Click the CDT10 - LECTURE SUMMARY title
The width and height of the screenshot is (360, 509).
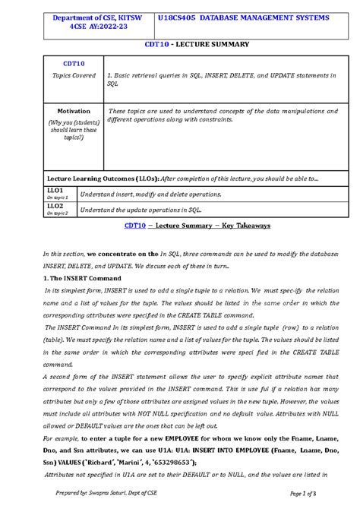tap(197, 44)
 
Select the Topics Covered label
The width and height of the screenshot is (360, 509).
tap(74, 76)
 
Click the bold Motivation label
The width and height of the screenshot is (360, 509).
tap(74, 111)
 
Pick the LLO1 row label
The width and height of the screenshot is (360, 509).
tap(55, 190)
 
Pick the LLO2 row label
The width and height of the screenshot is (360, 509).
tap(55, 206)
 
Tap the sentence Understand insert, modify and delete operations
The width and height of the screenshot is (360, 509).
tap(150, 194)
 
